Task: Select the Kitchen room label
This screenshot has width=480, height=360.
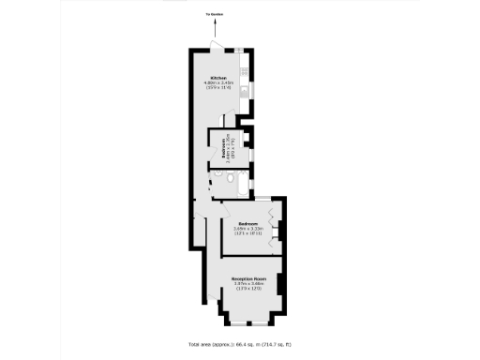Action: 218,77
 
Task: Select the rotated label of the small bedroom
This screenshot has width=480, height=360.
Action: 218,148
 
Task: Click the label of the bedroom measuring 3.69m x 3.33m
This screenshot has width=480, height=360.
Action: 248,223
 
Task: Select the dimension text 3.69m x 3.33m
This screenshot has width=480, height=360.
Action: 248,229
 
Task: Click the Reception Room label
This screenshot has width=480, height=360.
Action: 250,279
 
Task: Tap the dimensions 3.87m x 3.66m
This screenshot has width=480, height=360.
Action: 250,285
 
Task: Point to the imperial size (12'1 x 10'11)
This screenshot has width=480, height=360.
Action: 248,234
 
